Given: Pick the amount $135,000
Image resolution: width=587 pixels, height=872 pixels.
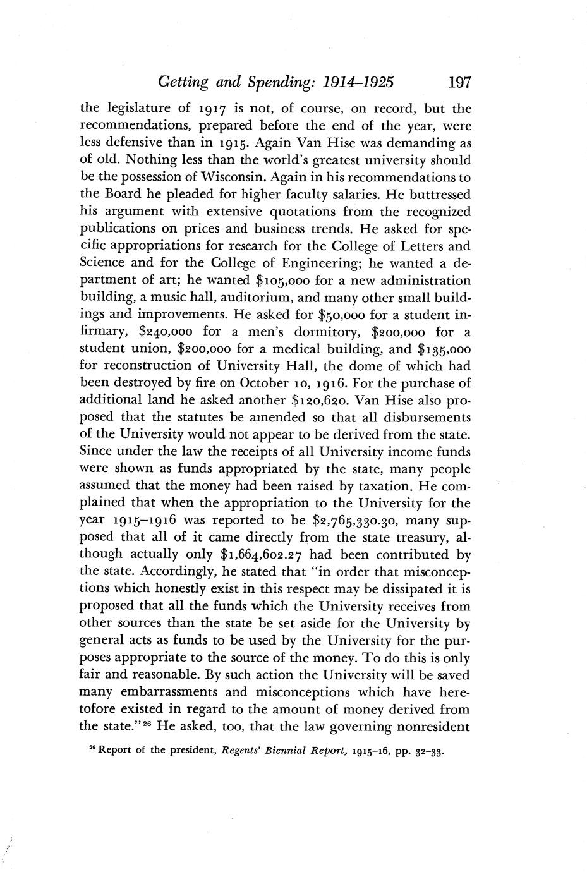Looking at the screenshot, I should coord(445,349).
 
